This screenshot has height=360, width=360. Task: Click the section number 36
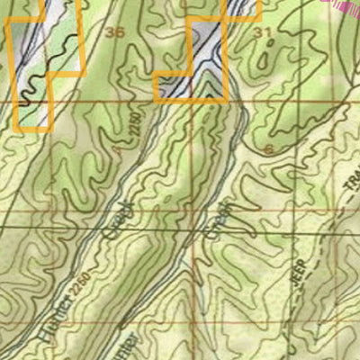[x=114, y=33]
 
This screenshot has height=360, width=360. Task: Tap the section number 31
[x=263, y=32]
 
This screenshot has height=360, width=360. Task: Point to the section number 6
[x=269, y=148]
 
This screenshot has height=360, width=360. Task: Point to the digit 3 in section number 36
[x=110, y=33]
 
